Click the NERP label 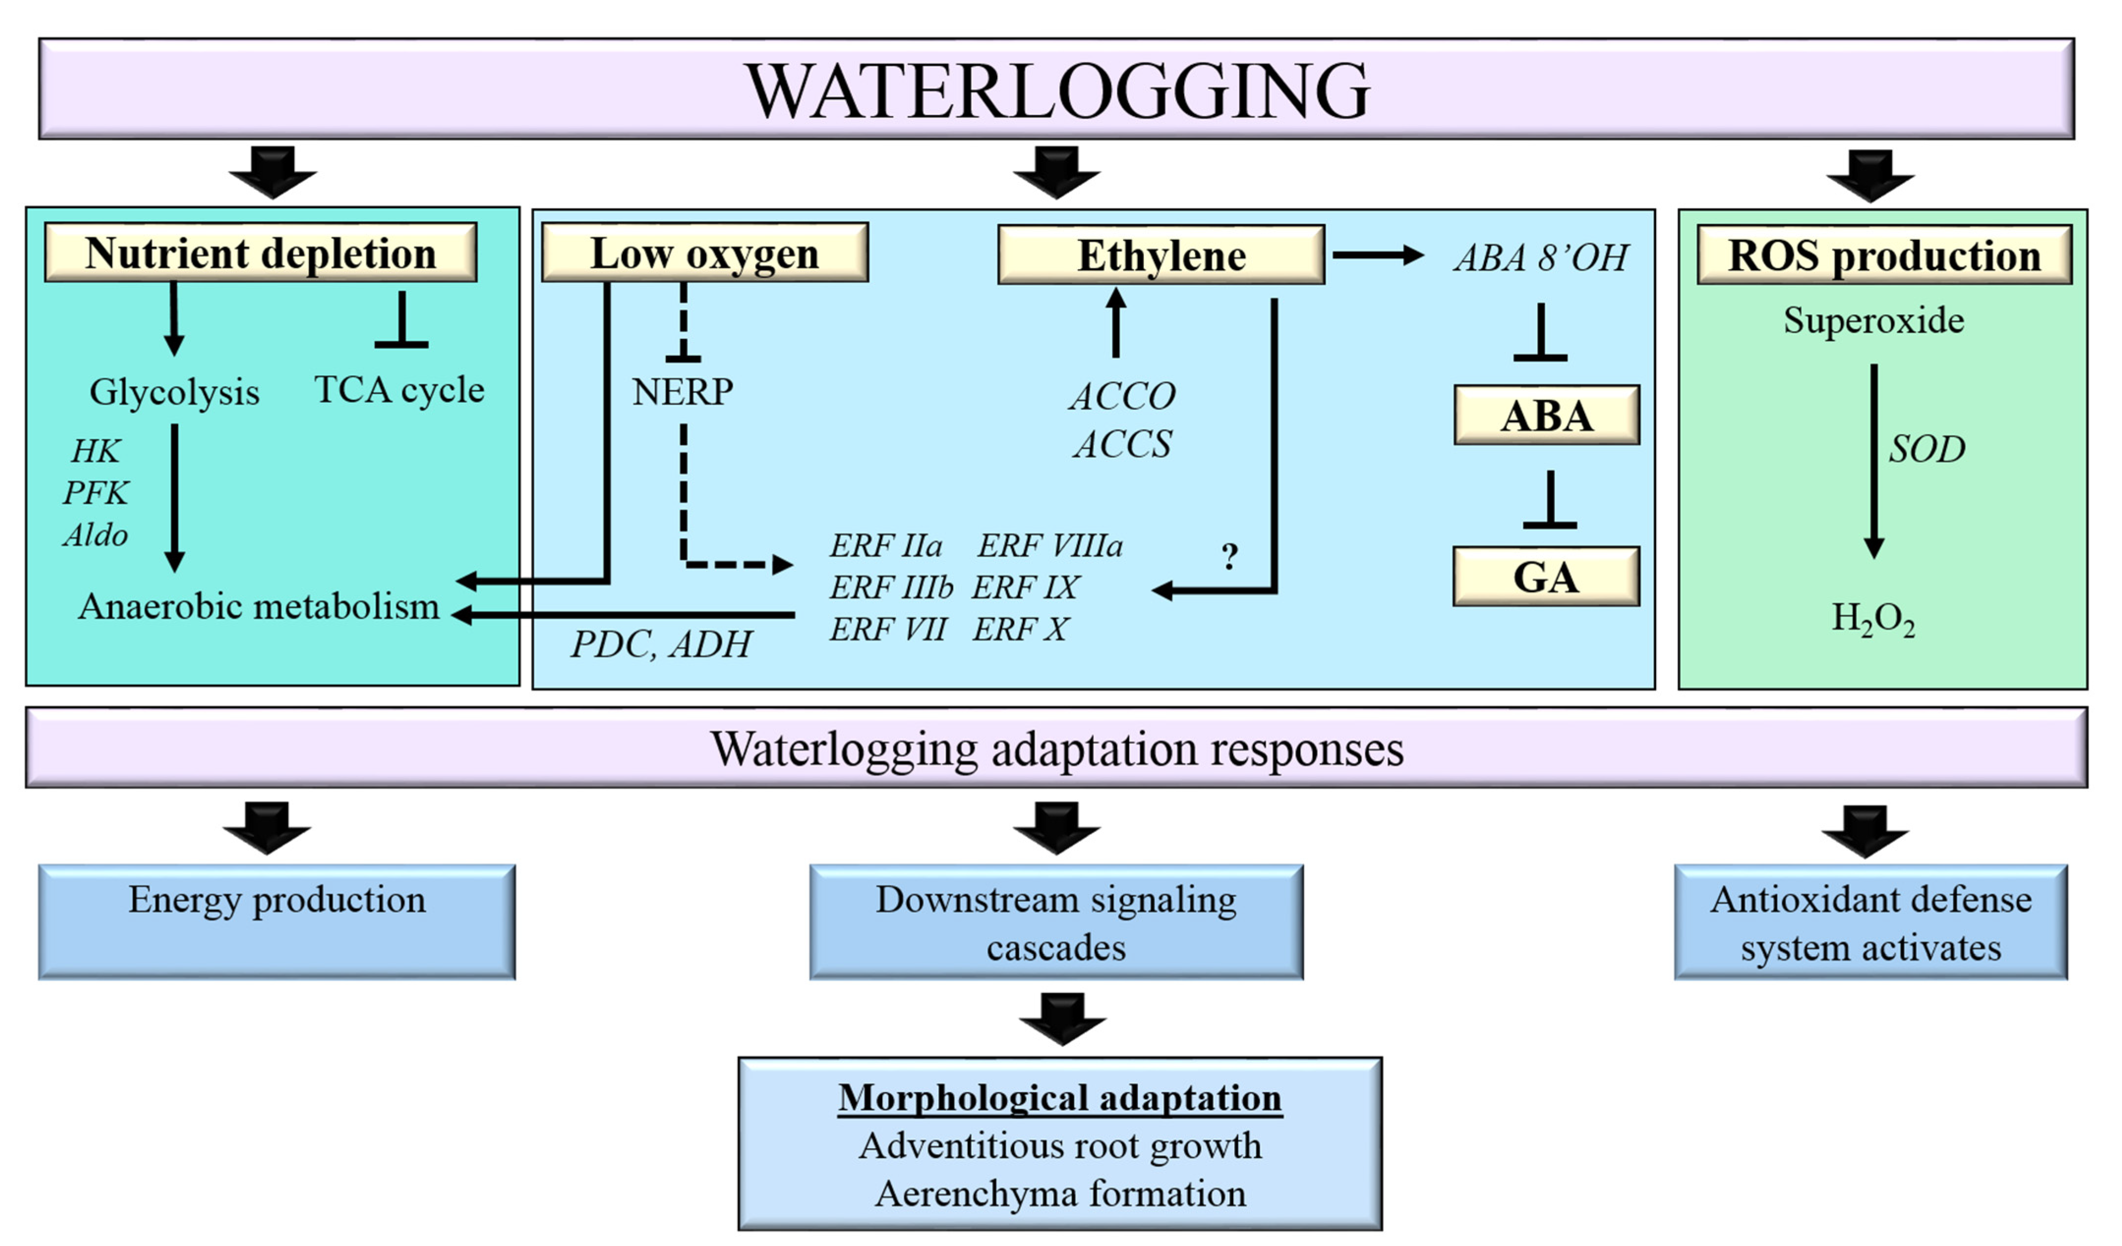pos(682,392)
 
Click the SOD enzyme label pos(1927,449)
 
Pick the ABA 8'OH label pos(1541,257)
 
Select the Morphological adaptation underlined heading pos(1059,1098)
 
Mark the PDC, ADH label pos(661,644)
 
